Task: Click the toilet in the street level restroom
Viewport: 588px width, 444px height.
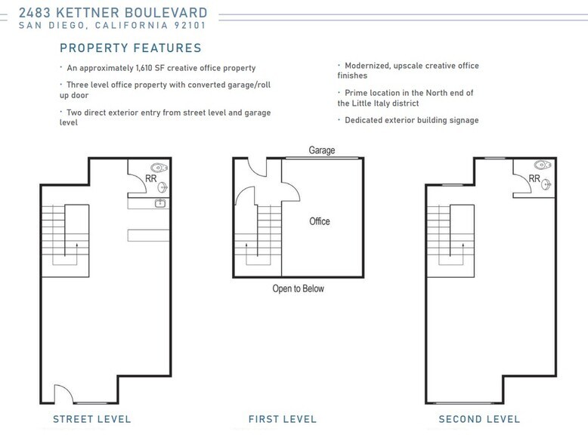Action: click(x=159, y=168)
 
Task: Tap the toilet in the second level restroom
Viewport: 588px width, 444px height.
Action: click(x=543, y=165)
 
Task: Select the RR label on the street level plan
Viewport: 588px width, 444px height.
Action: click(x=150, y=179)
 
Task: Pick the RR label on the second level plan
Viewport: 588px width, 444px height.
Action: click(x=534, y=178)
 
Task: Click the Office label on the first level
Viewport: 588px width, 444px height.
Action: click(x=320, y=221)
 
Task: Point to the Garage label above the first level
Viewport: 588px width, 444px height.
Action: click(x=322, y=150)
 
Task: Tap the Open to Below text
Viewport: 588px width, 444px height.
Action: click(x=298, y=288)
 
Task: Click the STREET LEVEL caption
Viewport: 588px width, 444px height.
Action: click(x=92, y=419)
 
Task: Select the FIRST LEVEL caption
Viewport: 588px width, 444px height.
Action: click(x=283, y=419)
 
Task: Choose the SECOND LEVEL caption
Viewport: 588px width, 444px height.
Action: click(x=479, y=419)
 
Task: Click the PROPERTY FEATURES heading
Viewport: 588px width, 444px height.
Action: click(x=131, y=48)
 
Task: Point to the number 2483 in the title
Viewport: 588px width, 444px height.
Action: click(x=35, y=13)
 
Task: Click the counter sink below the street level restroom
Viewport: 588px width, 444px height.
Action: click(x=160, y=203)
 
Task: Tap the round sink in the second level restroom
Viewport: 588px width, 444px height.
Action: click(x=546, y=184)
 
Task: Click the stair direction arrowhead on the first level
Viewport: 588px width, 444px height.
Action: click(x=246, y=245)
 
